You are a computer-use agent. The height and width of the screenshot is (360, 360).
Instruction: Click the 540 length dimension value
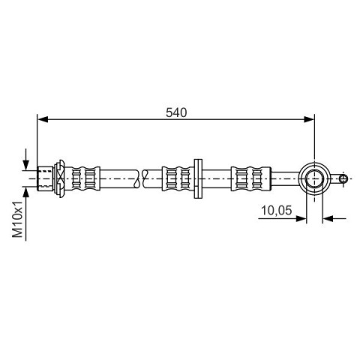click(x=176, y=112)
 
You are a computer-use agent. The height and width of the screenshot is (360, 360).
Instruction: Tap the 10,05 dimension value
click(x=276, y=210)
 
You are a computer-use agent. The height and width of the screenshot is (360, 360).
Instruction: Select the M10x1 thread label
click(x=18, y=219)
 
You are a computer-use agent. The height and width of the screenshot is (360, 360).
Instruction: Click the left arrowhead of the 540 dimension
click(x=43, y=119)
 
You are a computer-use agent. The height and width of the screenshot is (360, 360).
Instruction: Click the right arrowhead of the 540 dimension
click(x=309, y=119)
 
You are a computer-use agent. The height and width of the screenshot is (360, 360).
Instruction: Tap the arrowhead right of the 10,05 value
click(x=301, y=219)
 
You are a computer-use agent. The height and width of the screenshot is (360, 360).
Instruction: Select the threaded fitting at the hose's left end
click(x=45, y=178)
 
